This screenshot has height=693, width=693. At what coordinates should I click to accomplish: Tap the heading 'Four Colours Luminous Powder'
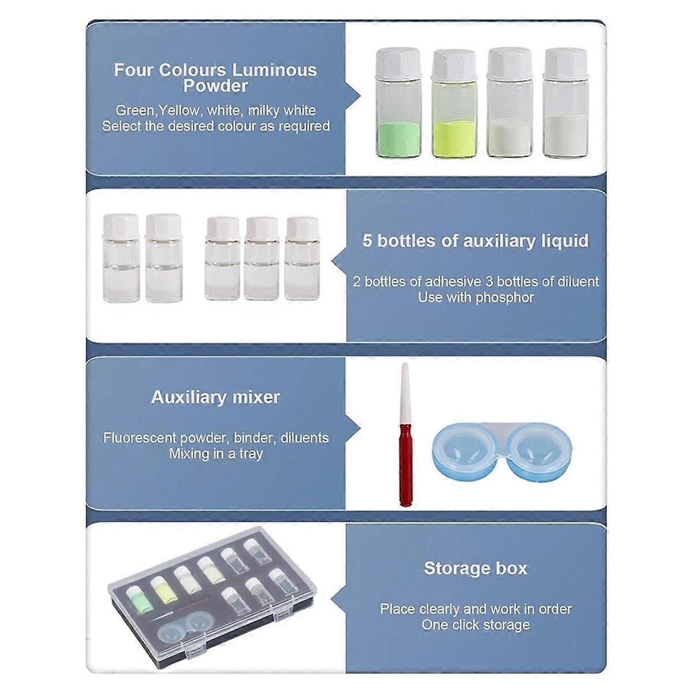215,77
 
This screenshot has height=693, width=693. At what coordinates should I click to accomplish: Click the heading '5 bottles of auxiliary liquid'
475,240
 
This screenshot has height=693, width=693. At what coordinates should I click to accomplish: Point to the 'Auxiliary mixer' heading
215,397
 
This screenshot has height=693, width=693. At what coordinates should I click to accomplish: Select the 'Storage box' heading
475,568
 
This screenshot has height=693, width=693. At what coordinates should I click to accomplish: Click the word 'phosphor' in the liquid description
504,298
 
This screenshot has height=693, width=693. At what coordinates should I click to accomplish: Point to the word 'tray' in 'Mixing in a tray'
251,454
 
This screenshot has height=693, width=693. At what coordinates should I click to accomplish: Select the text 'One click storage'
475,625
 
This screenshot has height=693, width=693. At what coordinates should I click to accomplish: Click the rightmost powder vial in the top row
565,104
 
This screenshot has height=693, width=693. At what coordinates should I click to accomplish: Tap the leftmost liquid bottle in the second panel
121,258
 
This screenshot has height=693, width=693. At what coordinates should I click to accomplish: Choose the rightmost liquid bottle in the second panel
302,258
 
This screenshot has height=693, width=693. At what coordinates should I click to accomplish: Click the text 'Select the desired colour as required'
215,126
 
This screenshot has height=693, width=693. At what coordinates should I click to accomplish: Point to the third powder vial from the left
509,104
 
